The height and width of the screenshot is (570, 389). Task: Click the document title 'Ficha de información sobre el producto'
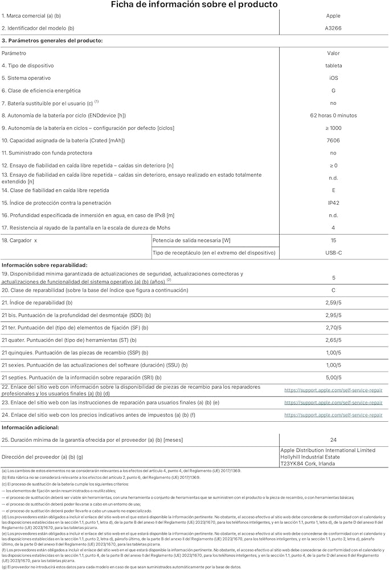194,5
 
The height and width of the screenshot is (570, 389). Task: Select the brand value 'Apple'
333,16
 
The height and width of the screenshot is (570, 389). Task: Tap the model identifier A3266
333,28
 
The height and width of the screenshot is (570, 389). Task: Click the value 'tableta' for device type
333,66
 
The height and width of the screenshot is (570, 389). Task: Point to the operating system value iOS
333,78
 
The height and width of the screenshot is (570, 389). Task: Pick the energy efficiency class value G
333,91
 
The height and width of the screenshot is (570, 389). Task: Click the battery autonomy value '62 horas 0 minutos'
333,116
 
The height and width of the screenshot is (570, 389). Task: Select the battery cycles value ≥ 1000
333,128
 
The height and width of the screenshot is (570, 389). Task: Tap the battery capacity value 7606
333,140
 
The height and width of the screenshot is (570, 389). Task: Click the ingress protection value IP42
333,203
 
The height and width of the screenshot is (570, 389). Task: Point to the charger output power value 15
333,241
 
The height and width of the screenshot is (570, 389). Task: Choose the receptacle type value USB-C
333,253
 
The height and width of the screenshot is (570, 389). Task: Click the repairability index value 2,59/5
333,303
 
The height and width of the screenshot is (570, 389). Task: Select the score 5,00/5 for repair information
333,377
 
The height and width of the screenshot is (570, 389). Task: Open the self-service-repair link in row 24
333,415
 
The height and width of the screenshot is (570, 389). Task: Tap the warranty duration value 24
333,440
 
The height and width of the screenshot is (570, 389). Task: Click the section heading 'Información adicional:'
30,427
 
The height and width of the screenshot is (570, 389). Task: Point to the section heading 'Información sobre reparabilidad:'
44,265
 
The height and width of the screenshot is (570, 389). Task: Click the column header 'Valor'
333,53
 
